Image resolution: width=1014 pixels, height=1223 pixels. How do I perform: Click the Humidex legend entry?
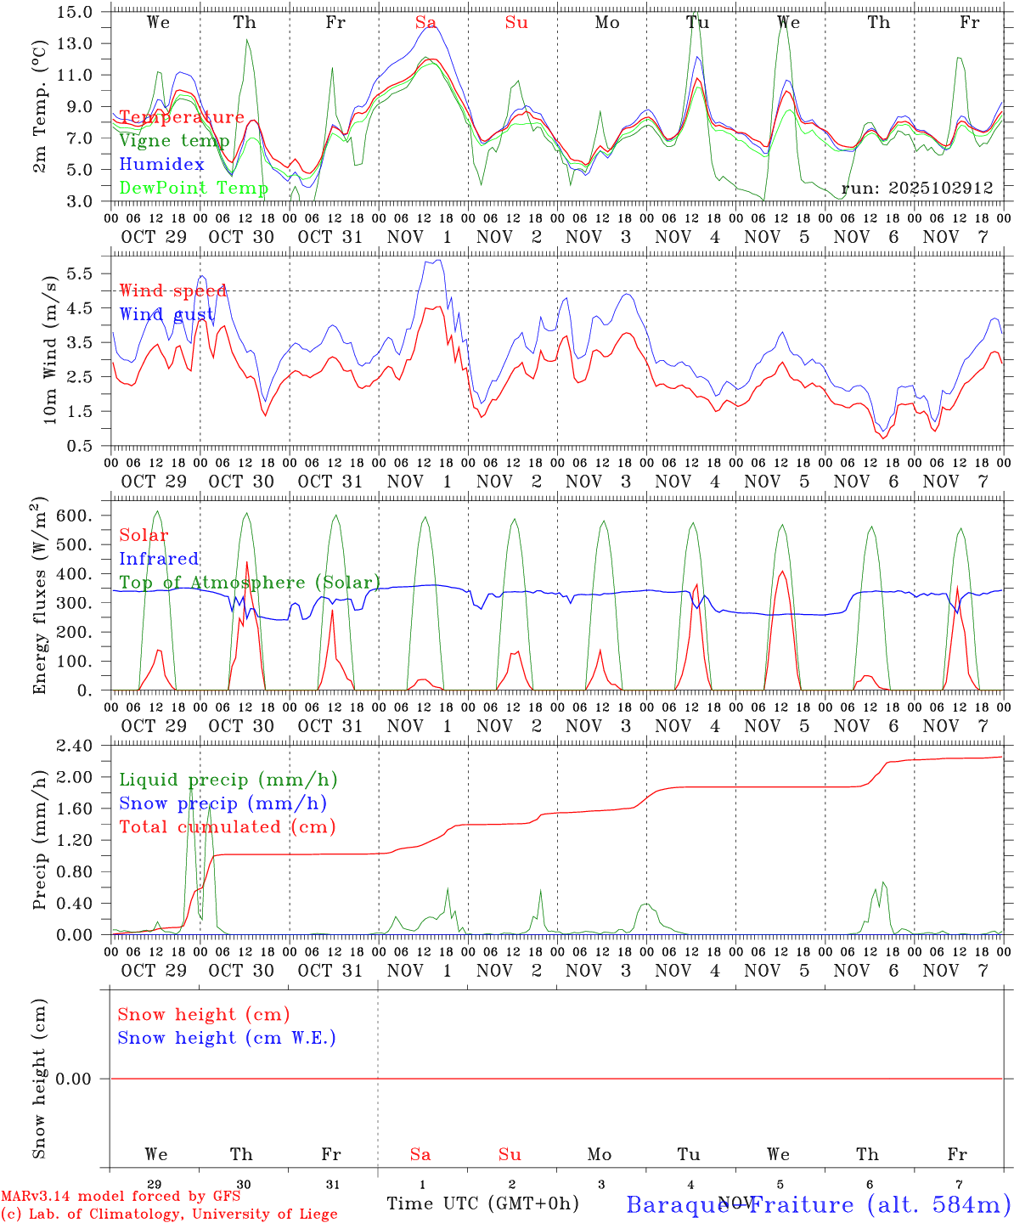[x=161, y=164]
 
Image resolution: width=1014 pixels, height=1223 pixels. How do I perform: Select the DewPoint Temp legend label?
[x=194, y=188]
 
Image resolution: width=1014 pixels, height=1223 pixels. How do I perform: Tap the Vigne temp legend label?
[x=174, y=141]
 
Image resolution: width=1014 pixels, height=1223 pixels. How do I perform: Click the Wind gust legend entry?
[x=166, y=314]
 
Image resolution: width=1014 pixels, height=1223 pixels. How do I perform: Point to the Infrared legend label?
[x=159, y=559]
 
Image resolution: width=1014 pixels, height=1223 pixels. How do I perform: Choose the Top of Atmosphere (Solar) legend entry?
[x=250, y=583]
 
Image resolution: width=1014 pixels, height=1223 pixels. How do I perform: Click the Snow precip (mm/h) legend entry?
[x=223, y=803]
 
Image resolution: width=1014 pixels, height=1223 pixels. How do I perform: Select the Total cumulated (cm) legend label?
[x=227, y=826]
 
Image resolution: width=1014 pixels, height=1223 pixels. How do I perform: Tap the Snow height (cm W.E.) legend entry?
[x=227, y=1038]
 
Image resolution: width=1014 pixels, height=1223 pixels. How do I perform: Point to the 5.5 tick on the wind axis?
[x=83, y=273]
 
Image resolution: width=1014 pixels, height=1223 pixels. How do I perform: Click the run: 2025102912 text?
[x=917, y=189]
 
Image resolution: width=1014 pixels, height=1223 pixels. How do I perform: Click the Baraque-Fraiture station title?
[x=818, y=1204]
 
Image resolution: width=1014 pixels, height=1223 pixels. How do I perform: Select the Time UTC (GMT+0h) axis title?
[x=482, y=1203]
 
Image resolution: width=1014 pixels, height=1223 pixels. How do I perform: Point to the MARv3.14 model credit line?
[x=121, y=1197]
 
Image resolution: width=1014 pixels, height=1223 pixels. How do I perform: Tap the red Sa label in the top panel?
[x=425, y=23]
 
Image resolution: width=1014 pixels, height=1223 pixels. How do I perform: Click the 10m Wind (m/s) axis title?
[x=49, y=348]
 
